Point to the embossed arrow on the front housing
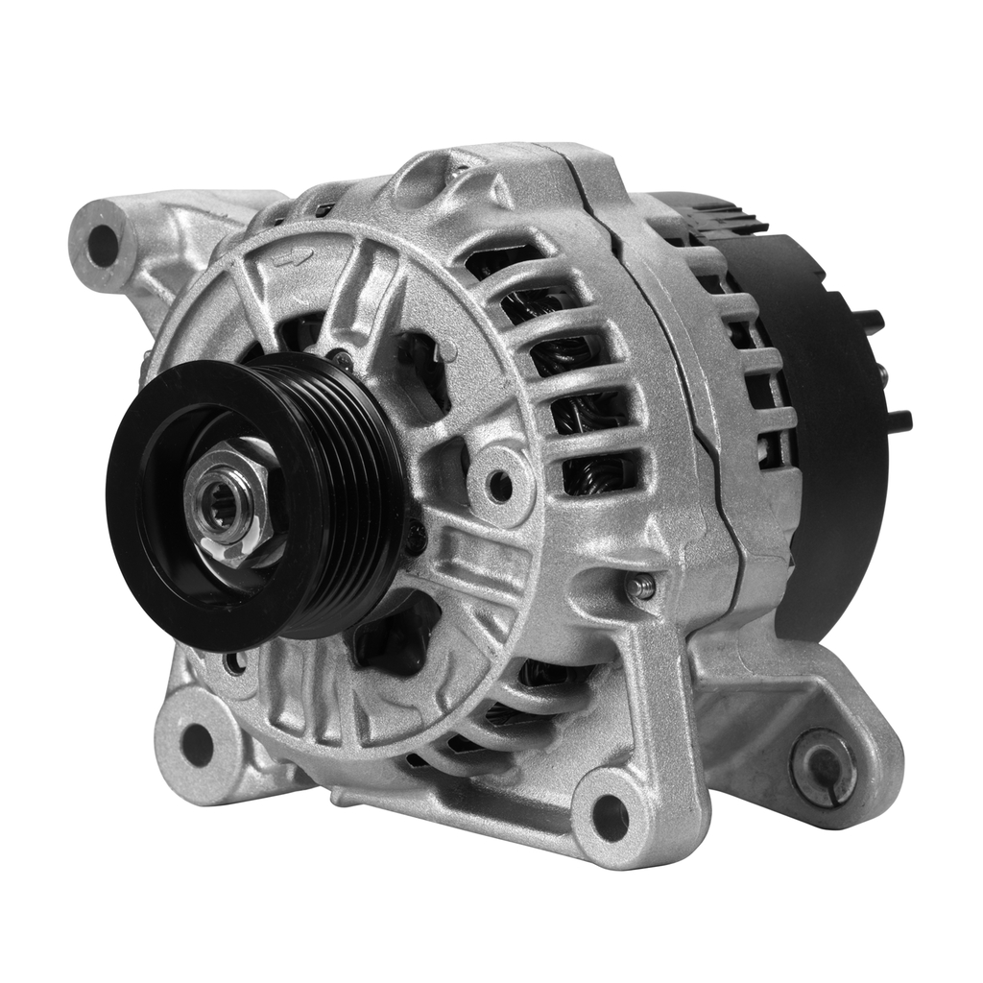tap(290, 257)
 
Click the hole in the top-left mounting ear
tap(102, 244)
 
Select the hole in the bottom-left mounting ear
tap(198, 744)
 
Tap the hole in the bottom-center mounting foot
tap(611, 817)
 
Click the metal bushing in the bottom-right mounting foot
tap(824, 767)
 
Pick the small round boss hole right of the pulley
tap(500, 486)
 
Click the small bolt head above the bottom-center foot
tap(641, 587)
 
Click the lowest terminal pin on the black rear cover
tap(899, 420)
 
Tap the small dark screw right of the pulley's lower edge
tap(415, 537)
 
